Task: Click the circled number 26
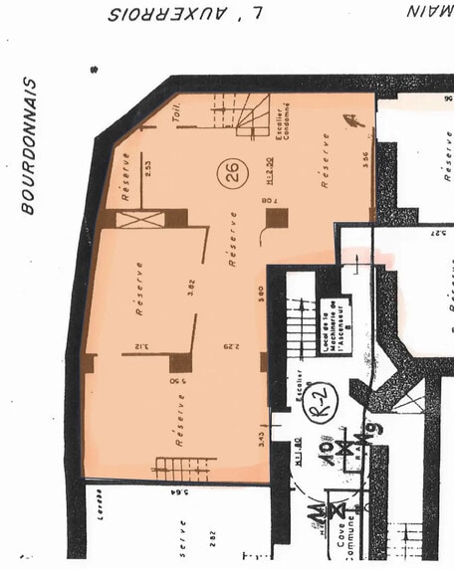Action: click(x=233, y=173)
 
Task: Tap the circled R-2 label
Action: click(x=323, y=402)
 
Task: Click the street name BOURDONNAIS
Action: click(x=29, y=146)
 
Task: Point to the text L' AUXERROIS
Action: click(x=187, y=14)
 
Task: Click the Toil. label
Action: click(x=182, y=115)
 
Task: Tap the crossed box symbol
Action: click(x=139, y=218)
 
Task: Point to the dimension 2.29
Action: click(x=228, y=347)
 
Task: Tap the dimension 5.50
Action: click(x=175, y=381)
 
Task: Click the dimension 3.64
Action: click(x=177, y=489)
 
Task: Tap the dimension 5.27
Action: click(x=437, y=233)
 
